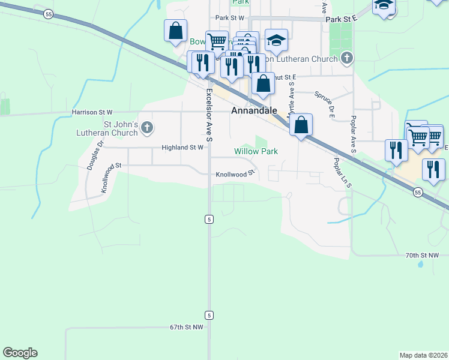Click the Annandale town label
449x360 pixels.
tap(255, 111)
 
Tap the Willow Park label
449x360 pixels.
tap(256, 151)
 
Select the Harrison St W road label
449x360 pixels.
tap(92, 112)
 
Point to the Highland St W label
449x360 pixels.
tap(182, 147)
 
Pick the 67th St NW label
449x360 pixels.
tap(187, 328)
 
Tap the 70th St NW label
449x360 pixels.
tap(423, 256)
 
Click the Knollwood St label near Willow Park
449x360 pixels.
tap(236, 174)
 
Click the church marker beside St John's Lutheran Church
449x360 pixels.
tap(148, 127)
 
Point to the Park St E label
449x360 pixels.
tap(342, 19)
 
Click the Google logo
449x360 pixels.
tap(20, 353)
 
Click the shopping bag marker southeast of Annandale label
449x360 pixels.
tap(301, 125)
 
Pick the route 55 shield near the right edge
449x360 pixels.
tap(418, 192)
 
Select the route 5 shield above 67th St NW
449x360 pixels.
tap(209, 315)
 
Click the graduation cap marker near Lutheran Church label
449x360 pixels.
tap(276, 40)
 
